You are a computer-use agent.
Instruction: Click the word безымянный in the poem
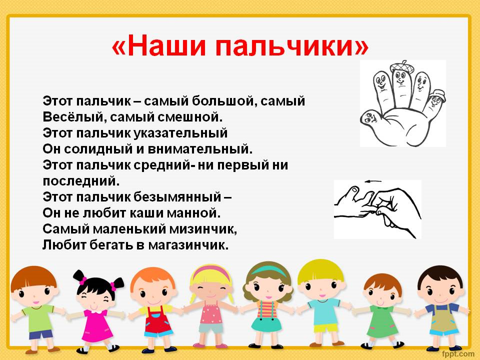[x=177, y=197]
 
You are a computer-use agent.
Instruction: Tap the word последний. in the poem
[x=81, y=181]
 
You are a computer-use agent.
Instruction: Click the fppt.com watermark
[x=458, y=354]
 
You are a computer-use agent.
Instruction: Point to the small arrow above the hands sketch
[x=373, y=181]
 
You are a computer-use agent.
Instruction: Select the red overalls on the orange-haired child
[x=157, y=321]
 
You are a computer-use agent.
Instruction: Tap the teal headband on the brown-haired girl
[x=268, y=270]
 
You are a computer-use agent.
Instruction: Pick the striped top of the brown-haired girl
[x=267, y=309]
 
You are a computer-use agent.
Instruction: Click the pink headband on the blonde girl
[x=211, y=271]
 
